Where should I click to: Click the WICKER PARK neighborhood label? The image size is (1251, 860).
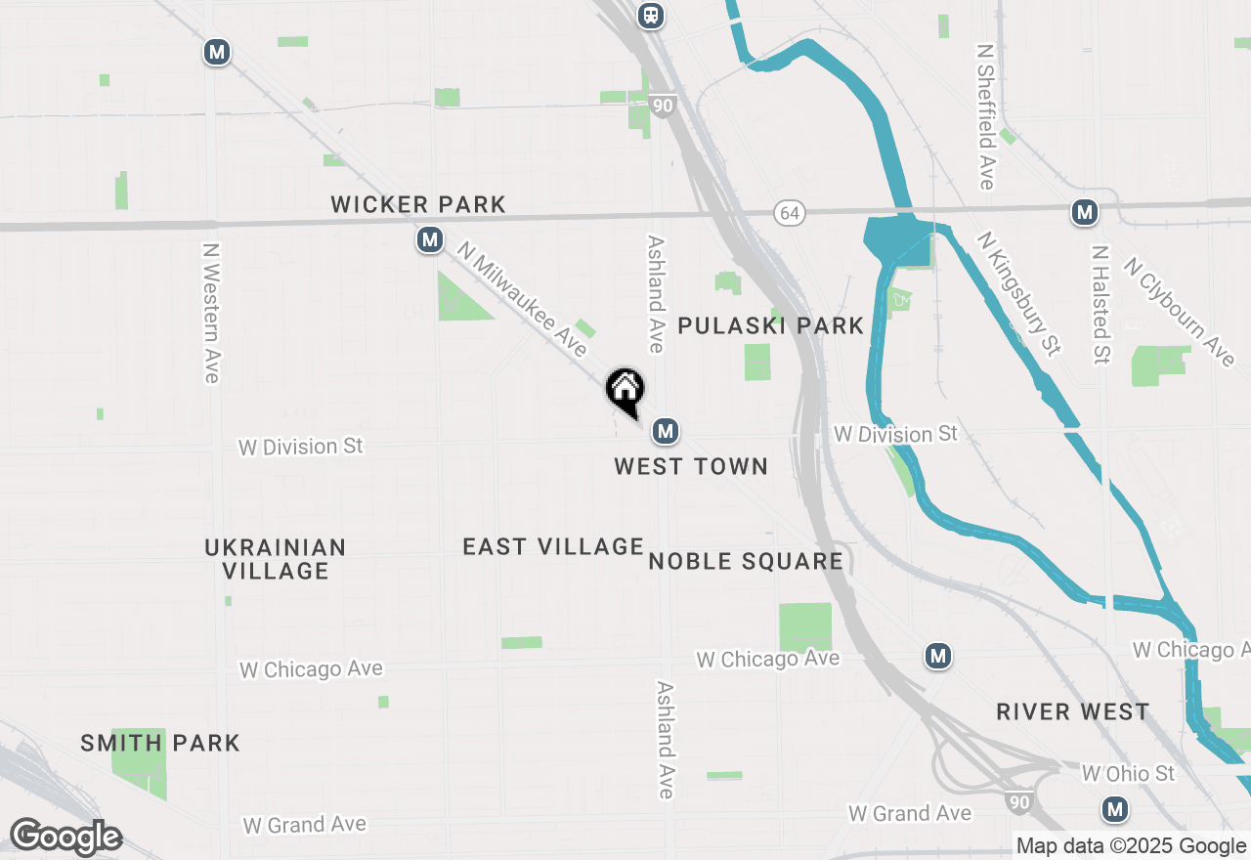click(418, 204)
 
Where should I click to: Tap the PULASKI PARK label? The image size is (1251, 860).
click(771, 325)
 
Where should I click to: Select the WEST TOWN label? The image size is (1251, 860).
click(691, 466)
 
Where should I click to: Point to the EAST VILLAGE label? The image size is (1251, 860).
click(553, 546)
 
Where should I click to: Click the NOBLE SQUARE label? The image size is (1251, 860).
click(746, 561)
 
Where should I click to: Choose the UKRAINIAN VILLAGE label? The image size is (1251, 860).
click(276, 559)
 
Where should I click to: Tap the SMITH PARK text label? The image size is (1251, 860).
click(160, 743)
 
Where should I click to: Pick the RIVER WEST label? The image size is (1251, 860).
click(1073, 711)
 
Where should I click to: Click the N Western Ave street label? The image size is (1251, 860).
click(210, 313)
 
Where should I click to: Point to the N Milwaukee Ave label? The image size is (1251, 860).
click(522, 301)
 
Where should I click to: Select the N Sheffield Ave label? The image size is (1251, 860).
click(985, 116)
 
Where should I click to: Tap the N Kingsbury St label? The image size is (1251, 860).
click(1018, 292)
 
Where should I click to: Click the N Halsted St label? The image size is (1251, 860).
click(1100, 304)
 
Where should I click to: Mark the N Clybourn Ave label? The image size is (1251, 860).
click(1180, 312)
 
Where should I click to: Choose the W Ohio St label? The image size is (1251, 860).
click(1128, 774)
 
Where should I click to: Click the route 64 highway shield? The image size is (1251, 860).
click(790, 212)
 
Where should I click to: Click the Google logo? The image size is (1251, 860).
click(65, 838)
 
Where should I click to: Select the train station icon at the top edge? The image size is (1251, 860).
click(650, 16)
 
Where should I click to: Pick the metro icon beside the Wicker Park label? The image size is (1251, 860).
click(429, 239)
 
